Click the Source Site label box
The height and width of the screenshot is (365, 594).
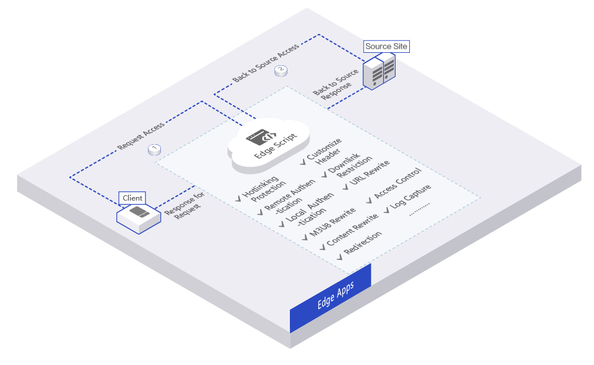pyautogui.click(x=387, y=46)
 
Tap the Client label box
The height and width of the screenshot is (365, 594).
pyautogui.click(x=132, y=198)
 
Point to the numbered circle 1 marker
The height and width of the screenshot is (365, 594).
pyautogui.click(x=154, y=148)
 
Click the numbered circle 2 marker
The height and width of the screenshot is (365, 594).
pyautogui.click(x=281, y=71)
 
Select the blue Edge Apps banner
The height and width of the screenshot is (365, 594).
pyautogui.click(x=330, y=297)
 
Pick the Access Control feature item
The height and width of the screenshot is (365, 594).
pyautogui.click(x=397, y=185)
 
